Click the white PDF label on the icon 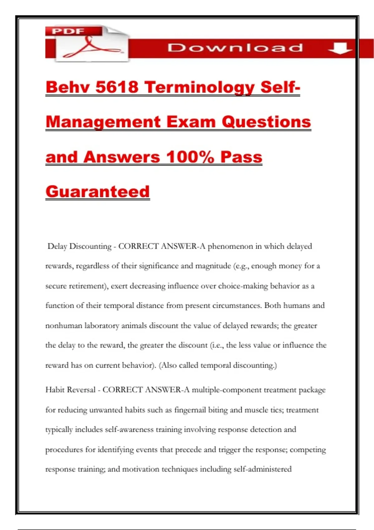click(x=68, y=31)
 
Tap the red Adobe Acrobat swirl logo click(x=90, y=48)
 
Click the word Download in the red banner click(x=235, y=48)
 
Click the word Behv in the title click(x=68, y=87)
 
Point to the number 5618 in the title click(x=117, y=87)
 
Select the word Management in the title click(x=103, y=122)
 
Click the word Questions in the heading click(x=266, y=122)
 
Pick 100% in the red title click(x=190, y=157)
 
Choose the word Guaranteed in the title click(x=98, y=191)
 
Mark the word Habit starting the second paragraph click(x=55, y=390)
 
